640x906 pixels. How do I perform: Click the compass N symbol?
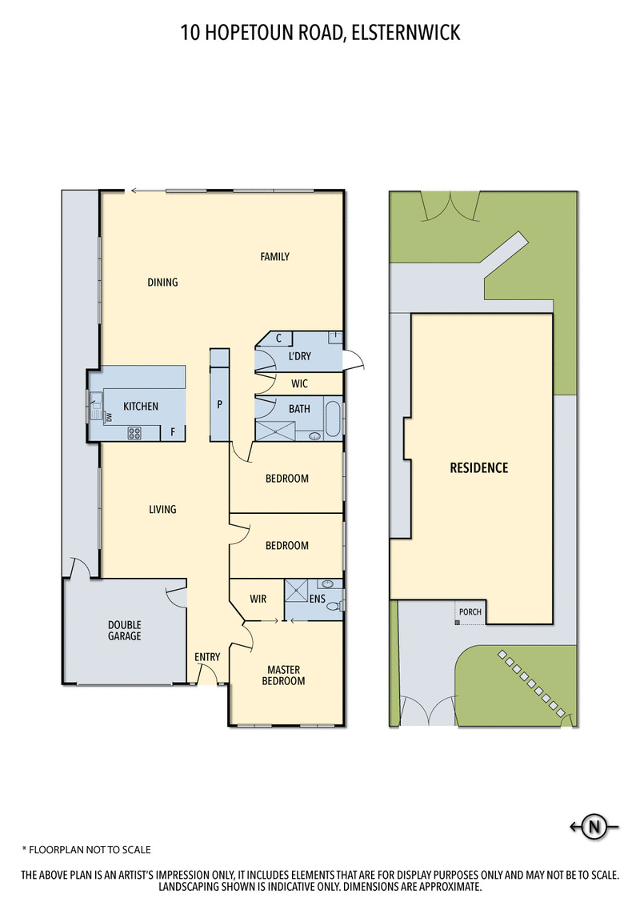point(594,828)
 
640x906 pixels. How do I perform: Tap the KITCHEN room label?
point(141,407)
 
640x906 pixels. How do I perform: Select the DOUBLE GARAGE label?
point(124,631)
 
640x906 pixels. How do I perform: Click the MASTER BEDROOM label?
point(286,675)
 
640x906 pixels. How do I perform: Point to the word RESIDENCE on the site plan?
point(478,467)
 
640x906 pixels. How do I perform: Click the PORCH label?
point(470,613)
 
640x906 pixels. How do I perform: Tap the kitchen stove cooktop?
point(134,434)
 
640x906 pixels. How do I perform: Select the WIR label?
point(258,599)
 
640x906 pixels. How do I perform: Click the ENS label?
point(317,599)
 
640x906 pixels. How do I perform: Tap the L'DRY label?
point(299,356)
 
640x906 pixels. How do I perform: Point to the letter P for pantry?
point(219,404)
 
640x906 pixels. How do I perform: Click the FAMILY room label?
point(274,257)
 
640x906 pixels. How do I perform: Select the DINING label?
point(162,282)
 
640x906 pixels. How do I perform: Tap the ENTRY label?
point(207,657)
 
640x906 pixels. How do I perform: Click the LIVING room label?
point(162,509)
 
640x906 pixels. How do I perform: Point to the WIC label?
point(299,384)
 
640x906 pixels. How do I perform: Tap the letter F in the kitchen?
point(172,432)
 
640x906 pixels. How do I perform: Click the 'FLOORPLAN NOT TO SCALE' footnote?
point(86,849)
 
